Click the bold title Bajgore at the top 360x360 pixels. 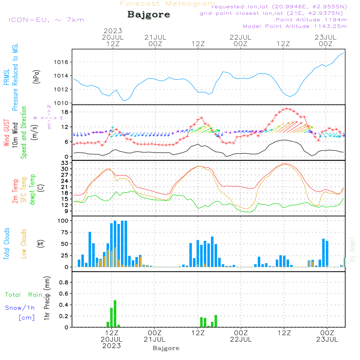149,15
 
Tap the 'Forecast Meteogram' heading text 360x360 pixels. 168,4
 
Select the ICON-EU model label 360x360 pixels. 46,20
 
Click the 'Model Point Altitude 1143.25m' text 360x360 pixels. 294,26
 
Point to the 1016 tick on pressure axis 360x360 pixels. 61,62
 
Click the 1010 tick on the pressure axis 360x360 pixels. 61,103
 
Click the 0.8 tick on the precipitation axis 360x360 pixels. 64,283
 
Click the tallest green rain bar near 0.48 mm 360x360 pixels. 115,314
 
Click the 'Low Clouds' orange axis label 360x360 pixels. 24,243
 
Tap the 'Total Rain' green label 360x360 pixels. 24,295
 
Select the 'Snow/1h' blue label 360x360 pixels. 20,308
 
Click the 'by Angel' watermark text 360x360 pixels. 352,249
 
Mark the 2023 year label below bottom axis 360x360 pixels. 112,346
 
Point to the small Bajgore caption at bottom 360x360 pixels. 166,348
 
